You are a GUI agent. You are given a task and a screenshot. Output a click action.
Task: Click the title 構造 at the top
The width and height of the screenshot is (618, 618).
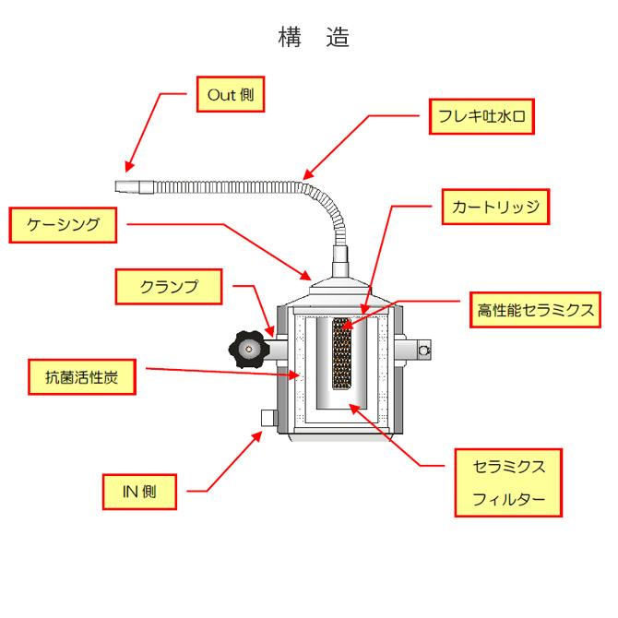[x=308, y=39]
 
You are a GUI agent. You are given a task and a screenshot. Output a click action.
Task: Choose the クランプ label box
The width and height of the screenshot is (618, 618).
[x=168, y=287]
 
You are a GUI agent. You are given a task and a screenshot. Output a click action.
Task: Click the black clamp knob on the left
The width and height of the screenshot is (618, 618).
[x=245, y=349]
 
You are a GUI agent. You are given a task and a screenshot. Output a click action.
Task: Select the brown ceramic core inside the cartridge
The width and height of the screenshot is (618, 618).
[x=342, y=355]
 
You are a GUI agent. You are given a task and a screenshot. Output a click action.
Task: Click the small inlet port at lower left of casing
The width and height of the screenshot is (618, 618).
[x=269, y=418]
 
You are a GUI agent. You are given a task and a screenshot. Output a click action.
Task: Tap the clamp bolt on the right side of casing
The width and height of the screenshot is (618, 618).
[x=424, y=350]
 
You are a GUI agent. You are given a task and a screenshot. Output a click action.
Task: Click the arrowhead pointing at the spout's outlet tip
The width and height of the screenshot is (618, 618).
[x=129, y=169]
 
